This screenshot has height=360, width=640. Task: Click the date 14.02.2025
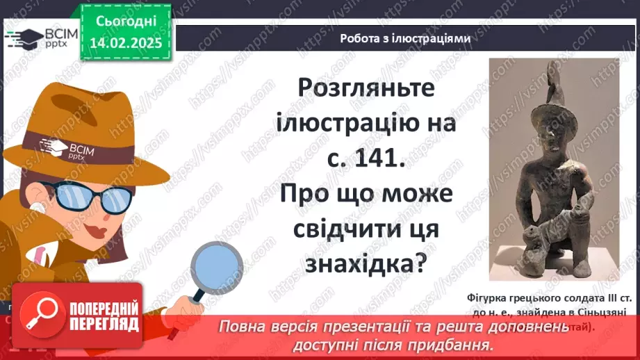click(125, 42)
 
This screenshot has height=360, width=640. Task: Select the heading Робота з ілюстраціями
click(405, 39)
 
